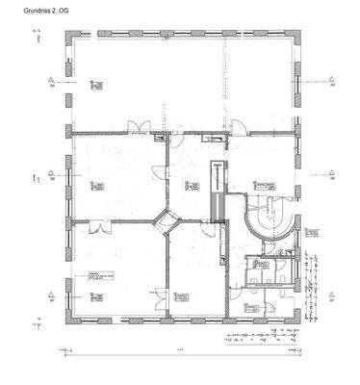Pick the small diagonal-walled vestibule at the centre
tap(167, 219)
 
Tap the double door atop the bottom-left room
tap(95, 228)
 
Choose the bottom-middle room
tap(196, 274)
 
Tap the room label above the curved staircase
tap(254, 183)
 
